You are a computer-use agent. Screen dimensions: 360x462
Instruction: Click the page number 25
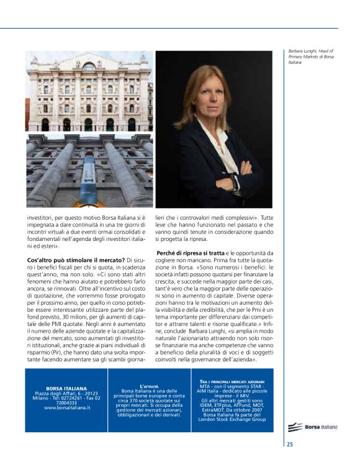coord(290,444)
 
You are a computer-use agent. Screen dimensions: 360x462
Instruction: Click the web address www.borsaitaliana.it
coord(67,407)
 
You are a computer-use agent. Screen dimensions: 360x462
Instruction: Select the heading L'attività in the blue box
coord(149,386)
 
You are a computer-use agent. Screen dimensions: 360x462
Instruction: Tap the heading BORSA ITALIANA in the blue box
coord(66,388)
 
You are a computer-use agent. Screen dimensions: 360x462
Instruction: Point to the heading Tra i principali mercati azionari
coord(232,381)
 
